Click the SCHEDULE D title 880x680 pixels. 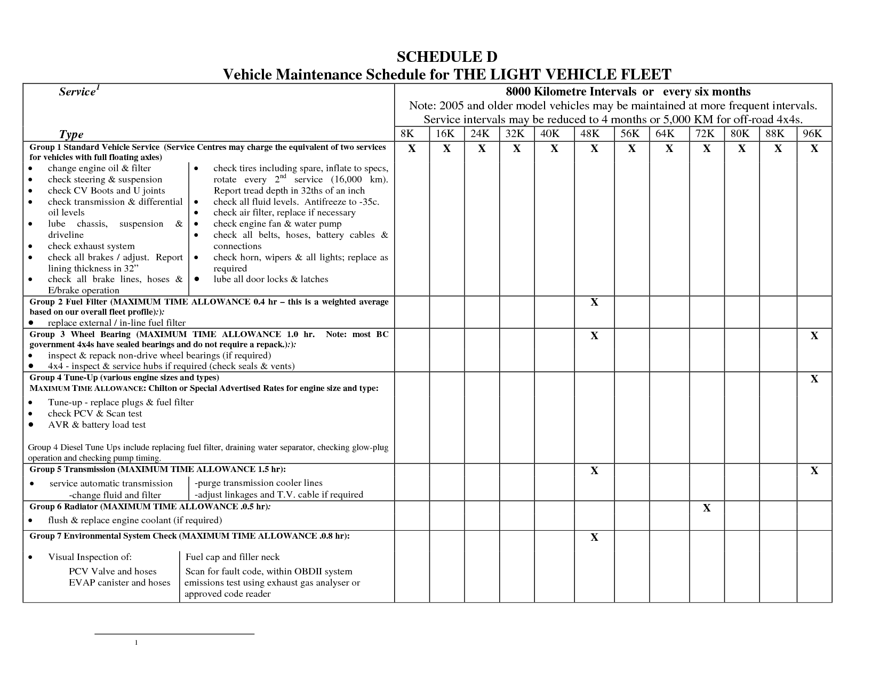tap(447, 57)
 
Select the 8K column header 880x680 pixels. tap(411, 133)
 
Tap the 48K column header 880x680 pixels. tap(594, 133)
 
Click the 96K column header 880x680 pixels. tap(814, 133)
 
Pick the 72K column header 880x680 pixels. tap(706, 133)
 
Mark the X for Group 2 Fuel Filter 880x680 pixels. tap(594, 302)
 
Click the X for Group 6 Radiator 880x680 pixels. tap(707, 508)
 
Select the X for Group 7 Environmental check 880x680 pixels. tap(594, 538)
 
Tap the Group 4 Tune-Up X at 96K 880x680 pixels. tap(814, 379)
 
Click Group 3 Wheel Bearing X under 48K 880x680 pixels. tap(594, 336)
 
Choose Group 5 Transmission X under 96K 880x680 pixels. tap(814, 471)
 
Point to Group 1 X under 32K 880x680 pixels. tap(517, 149)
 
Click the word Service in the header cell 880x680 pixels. tap(77, 92)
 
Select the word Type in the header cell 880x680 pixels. tap(71, 134)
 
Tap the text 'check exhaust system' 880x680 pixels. tap(91, 246)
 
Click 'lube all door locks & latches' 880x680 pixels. tap(271, 279)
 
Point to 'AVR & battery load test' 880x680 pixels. tap(97, 425)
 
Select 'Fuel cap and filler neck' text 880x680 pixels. tap(233, 557)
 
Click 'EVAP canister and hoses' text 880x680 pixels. tap(119, 582)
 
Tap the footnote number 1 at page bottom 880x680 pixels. tap(137, 643)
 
